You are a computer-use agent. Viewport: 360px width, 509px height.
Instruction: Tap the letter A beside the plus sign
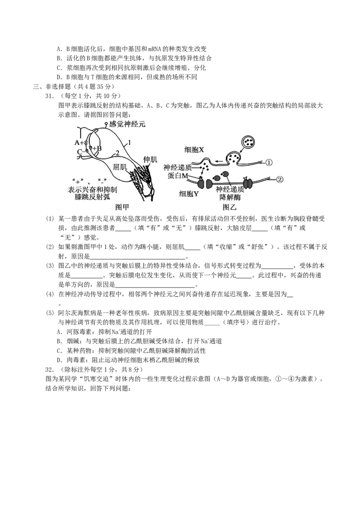(76, 143)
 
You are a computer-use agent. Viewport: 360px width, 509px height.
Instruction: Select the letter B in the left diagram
(99, 148)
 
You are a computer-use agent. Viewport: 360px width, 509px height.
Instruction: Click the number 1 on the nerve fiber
(129, 143)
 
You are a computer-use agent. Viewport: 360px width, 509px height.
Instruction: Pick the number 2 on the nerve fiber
(117, 153)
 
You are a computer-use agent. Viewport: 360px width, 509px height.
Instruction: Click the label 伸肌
(149, 160)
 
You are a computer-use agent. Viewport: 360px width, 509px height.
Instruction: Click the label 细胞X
(194, 150)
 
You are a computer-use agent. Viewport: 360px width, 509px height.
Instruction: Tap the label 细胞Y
(189, 194)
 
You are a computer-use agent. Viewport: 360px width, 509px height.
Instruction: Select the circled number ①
(268, 162)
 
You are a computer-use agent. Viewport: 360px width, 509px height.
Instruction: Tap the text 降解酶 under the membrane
(229, 197)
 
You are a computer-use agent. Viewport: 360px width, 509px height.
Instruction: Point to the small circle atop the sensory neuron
(106, 123)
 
